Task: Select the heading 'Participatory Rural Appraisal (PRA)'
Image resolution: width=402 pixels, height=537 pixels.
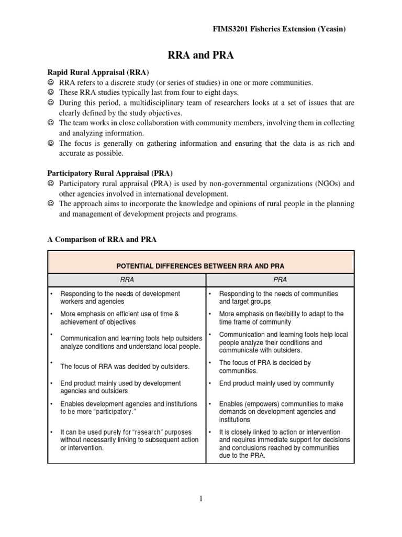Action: tap(110, 173)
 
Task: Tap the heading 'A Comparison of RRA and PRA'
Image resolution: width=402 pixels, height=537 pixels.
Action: tap(102, 239)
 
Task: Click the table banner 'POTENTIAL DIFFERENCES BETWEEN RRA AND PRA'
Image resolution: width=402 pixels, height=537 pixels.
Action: tap(201, 266)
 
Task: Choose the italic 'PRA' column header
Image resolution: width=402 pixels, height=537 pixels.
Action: tap(280, 280)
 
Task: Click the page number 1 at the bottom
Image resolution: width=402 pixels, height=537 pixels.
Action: tap(200, 499)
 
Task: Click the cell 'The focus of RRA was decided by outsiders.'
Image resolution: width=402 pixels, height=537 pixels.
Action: tap(125, 366)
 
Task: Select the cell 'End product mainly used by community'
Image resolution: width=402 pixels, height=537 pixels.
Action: tap(276, 383)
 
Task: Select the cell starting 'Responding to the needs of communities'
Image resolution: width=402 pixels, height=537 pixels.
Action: tap(278, 297)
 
